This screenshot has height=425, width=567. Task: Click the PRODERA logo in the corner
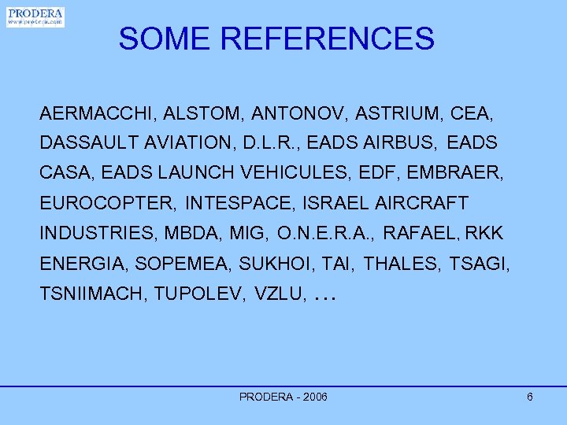(35, 17)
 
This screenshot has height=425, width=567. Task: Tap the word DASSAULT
(82, 144)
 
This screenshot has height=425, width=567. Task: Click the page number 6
(530, 397)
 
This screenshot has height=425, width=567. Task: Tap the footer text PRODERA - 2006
(283, 397)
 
